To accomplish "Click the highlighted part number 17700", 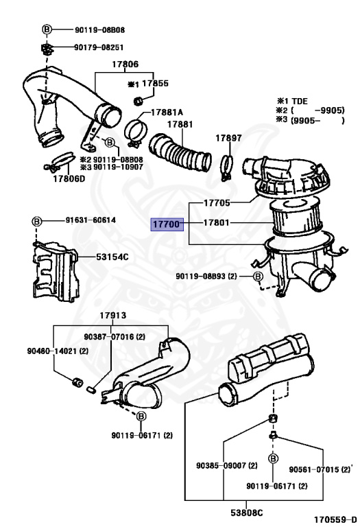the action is [x=167, y=224].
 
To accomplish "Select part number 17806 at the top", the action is [x=125, y=64].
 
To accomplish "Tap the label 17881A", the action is [x=167, y=113].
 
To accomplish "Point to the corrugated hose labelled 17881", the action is [x=180, y=153].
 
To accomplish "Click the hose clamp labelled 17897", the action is [x=227, y=167].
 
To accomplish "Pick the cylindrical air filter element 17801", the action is [x=295, y=217].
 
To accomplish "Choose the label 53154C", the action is [x=112, y=257].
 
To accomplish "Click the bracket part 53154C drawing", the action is [x=56, y=270].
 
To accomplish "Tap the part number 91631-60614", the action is [x=91, y=220].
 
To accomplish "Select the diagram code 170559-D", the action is [x=335, y=519].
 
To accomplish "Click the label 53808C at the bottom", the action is [x=246, y=513].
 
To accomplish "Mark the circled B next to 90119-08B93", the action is [x=258, y=277].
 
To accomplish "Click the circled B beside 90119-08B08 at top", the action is [x=47, y=30].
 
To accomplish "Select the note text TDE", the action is [x=300, y=101].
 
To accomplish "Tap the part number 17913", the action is [x=113, y=315].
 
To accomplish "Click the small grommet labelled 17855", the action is [x=138, y=100].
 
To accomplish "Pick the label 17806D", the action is [x=69, y=178].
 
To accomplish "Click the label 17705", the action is [x=217, y=202].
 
